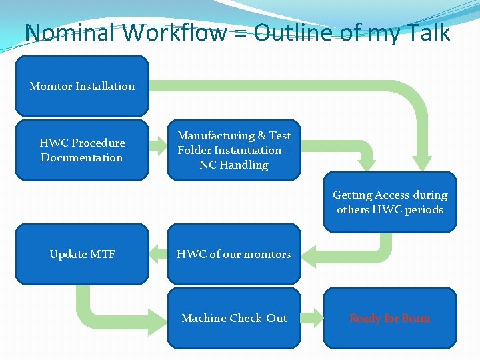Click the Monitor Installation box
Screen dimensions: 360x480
(x=82, y=86)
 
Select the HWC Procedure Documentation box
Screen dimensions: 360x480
(x=82, y=150)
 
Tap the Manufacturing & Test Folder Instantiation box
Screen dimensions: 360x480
(x=234, y=150)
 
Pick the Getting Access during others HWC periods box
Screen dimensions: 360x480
(x=390, y=202)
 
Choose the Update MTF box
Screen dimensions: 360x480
(x=82, y=254)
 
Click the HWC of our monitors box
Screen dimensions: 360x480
(x=234, y=254)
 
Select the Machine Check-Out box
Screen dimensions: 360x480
(x=234, y=318)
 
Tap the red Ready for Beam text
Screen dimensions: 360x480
(x=390, y=318)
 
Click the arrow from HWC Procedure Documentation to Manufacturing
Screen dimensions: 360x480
(x=158, y=143)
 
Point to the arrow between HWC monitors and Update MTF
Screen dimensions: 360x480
(x=158, y=253)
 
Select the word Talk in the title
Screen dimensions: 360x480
(x=430, y=33)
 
